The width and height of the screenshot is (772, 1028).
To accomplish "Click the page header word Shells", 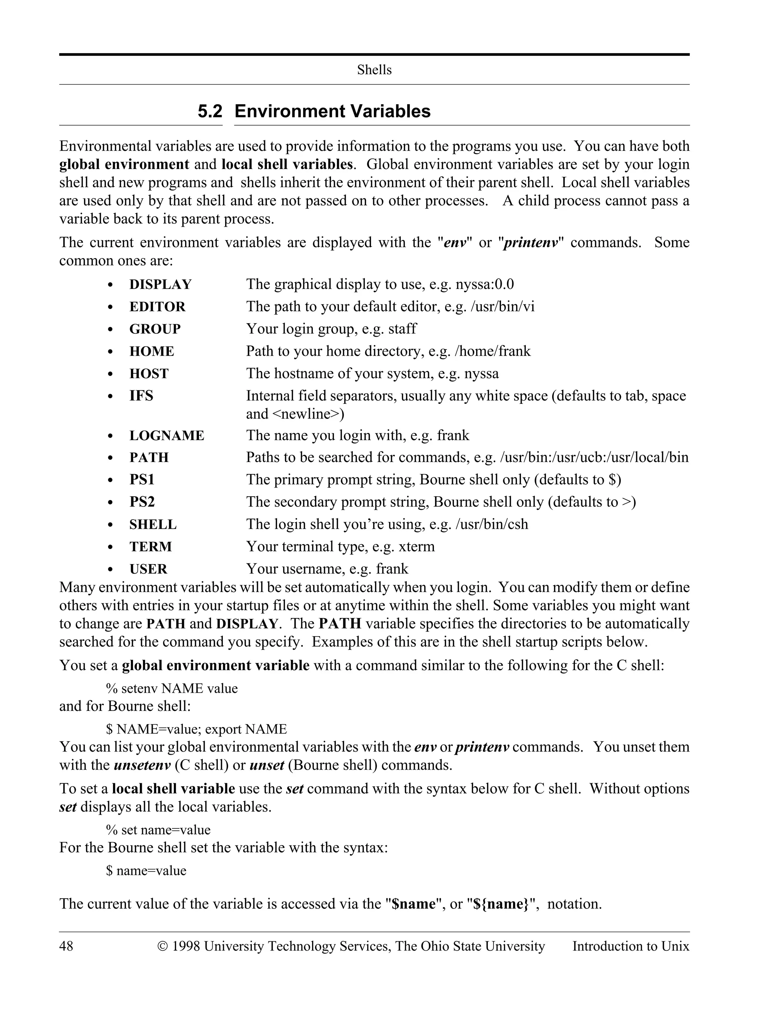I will (x=374, y=70).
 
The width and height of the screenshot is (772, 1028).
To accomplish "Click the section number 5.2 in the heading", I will (x=210, y=112).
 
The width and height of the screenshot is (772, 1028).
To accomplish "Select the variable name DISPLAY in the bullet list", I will (x=160, y=284).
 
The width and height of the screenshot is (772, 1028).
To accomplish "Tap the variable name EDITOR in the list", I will (x=157, y=307).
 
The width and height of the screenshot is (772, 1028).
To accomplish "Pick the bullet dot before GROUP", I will (x=110, y=330).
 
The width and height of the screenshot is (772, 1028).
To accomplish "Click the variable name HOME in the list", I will (x=152, y=351).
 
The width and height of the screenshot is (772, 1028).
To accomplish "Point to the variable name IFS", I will (x=141, y=396).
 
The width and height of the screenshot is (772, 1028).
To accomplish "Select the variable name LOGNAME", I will (x=167, y=436).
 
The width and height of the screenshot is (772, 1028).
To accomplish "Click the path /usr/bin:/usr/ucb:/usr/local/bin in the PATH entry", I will (x=594, y=457).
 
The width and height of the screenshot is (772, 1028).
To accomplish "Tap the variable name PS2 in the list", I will (x=142, y=502).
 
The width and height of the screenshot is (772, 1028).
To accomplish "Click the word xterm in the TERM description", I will (x=416, y=546).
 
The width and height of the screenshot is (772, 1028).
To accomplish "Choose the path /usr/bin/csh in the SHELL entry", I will (x=492, y=524).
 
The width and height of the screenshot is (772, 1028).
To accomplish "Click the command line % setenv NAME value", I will (x=172, y=688).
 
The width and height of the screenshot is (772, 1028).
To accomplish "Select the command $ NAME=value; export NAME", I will (x=196, y=729).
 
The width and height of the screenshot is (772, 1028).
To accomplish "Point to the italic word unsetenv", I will (x=142, y=765).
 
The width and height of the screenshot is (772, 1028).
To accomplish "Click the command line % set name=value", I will (x=158, y=830).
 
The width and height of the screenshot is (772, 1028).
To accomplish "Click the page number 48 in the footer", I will (x=66, y=946).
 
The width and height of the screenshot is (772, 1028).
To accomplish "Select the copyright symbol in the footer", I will (x=162, y=946).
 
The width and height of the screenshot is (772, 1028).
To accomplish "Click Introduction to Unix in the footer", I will (x=630, y=946).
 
